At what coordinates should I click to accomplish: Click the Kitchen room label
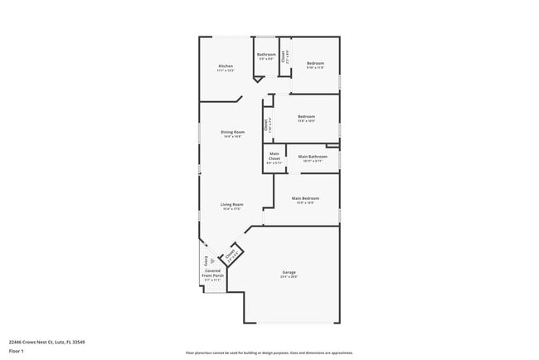click(x=226, y=66)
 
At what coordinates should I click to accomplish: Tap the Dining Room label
click(x=232, y=132)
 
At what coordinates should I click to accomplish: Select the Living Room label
click(x=231, y=204)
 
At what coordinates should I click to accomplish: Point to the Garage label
click(x=289, y=272)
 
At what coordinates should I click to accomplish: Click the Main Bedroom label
click(x=305, y=198)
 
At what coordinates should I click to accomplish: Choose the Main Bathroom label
click(x=312, y=157)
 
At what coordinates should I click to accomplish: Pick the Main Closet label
click(x=274, y=157)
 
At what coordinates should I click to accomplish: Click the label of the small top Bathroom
click(x=266, y=55)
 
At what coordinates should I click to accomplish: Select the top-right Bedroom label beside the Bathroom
click(x=315, y=63)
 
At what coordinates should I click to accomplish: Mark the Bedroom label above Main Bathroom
click(x=306, y=116)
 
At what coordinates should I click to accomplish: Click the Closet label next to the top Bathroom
click(x=284, y=57)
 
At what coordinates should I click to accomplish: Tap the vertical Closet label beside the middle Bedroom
click(x=266, y=125)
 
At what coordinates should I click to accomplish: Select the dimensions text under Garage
click(x=289, y=277)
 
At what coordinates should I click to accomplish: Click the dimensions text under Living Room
click(x=231, y=209)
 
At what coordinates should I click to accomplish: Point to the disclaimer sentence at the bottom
click(x=269, y=352)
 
